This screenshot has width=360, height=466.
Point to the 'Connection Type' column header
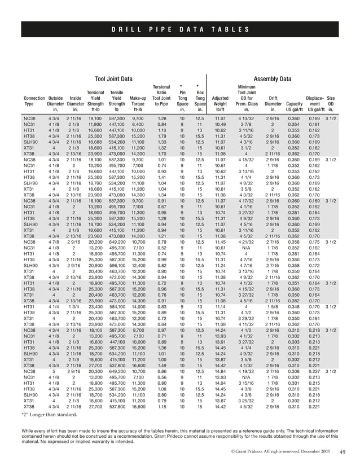(34, 100)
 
